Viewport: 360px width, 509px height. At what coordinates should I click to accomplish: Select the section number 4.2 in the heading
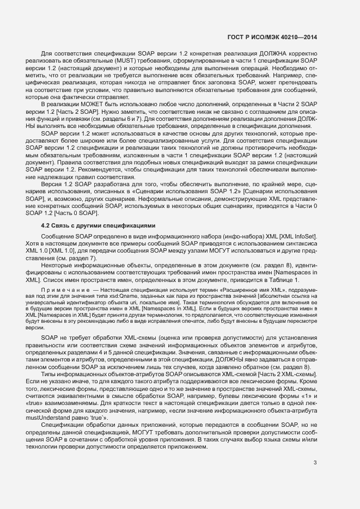point(46,225)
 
